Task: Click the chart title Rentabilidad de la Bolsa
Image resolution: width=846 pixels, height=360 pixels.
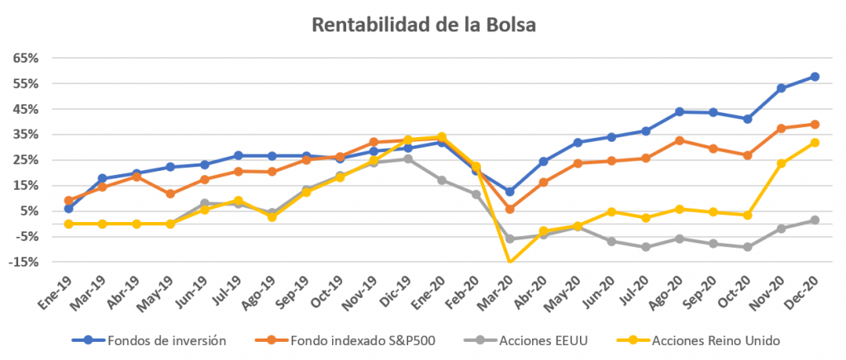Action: [x=423, y=25]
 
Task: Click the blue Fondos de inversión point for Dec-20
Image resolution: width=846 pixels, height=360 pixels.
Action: [x=815, y=77]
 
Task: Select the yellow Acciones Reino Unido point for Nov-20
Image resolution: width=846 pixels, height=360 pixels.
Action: [x=781, y=163]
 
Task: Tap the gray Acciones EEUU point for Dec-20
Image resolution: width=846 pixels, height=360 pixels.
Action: [x=815, y=220]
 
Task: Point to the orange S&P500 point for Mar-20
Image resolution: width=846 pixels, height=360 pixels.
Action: [x=510, y=209]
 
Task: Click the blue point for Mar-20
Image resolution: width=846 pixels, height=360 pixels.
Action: [x=510, y=192]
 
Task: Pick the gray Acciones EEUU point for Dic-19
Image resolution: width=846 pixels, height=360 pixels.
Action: [x=408, y=159]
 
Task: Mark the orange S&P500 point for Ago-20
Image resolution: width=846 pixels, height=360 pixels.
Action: [x=679, y=140]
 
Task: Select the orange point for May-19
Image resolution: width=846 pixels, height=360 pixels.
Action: [x=170, y=194]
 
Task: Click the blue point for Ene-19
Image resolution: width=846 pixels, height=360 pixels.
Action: [x=69, y=208]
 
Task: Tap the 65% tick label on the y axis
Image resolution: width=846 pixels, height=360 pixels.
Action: [x=26, y=59]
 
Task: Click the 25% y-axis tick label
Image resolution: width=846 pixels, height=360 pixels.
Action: [x=26, y=160]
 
